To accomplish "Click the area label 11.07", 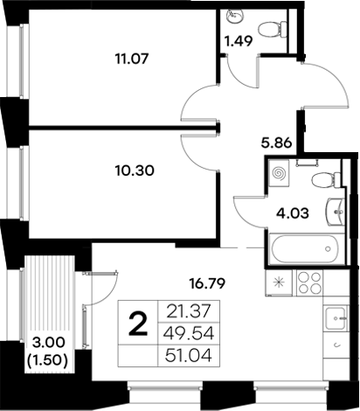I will (x=129, y=60).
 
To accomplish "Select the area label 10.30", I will (x=134, y=171).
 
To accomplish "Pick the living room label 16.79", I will (x=211, y=282).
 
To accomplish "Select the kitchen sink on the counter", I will (x=335, y=319).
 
